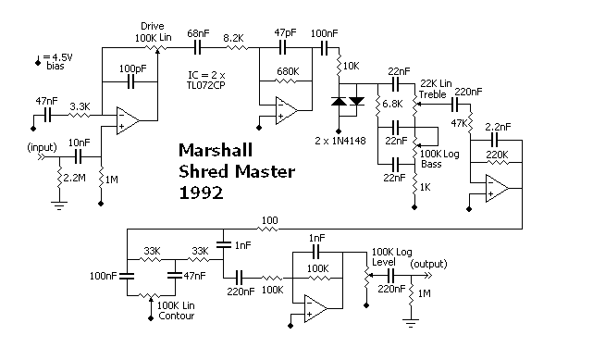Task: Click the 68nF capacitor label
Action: (x=198, y=33)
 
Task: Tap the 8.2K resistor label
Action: (x=233, y=38)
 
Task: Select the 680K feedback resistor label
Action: (x=288, y=71)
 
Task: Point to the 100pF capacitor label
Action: (x=132, y=68)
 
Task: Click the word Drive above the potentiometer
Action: (x=153, y=26)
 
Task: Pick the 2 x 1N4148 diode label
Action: (x=340, y=141)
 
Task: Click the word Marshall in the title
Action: (x=216, y=150)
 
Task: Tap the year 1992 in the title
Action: (x=201, y=192)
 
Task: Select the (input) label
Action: (x=42, y=147)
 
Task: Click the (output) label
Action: (x=428, y=264)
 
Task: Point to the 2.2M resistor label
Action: (x=75, y=178)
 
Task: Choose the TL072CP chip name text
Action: (x=205, y=85)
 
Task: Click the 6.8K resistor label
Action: (x=392, y=104)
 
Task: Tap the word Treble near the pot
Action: (x=433, y=94)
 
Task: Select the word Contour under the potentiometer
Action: (x=177, y=316)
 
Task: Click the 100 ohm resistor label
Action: (x=269, y=220)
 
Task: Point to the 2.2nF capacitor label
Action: (x=498, y=127)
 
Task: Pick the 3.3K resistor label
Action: (x=80, y=106)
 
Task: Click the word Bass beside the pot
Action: (x=431, y=164)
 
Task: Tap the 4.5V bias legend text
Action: (x=56, y=62)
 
